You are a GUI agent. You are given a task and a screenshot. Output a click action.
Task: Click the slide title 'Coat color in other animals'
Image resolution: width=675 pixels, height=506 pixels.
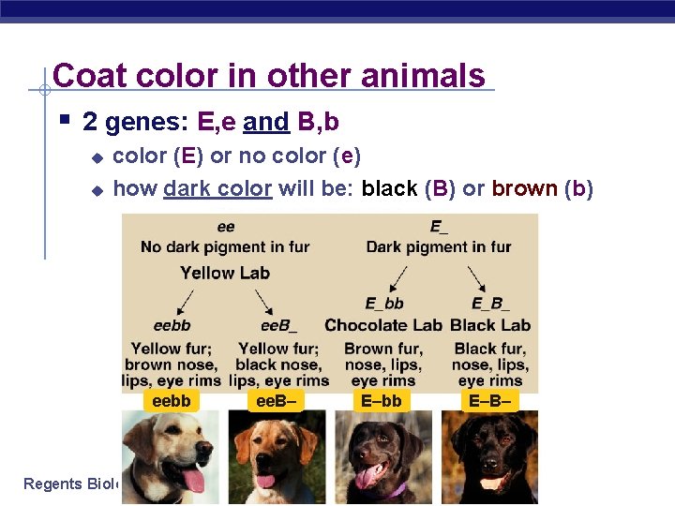(x=269, y=75)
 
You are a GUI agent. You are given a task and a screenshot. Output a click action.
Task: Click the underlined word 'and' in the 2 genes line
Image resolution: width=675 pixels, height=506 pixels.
(x=265, y=122)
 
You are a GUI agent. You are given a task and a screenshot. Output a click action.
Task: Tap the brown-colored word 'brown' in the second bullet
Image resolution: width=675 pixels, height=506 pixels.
(x=524, y=188)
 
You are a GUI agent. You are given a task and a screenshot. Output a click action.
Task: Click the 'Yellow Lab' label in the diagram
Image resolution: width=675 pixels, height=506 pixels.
(x=225, y=273)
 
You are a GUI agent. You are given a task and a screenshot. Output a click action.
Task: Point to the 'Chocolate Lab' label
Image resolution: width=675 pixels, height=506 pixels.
(x=382, y=325)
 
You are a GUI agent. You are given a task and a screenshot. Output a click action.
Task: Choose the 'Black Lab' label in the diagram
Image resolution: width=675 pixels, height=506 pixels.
(x=490, y=325)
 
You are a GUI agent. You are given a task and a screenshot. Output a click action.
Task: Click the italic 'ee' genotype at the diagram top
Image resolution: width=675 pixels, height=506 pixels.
(x=226, y=227)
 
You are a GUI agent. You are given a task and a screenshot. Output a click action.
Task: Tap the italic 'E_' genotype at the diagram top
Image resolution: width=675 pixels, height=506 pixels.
(x=438, y=227)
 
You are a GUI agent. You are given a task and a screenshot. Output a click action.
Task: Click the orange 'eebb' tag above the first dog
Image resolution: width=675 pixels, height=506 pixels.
(x=171, y=401)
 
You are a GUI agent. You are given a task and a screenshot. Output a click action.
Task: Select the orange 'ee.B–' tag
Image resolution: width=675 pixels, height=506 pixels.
(x=277, y=401)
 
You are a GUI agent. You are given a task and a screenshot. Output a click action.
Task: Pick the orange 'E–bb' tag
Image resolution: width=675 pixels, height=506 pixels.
(x=382, y=401)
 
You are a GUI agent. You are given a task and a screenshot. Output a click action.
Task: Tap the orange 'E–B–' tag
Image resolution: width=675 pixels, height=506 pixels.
(x=490, y=401)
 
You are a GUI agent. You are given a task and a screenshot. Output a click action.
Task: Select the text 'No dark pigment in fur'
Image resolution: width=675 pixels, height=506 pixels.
(x=225, y=247)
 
